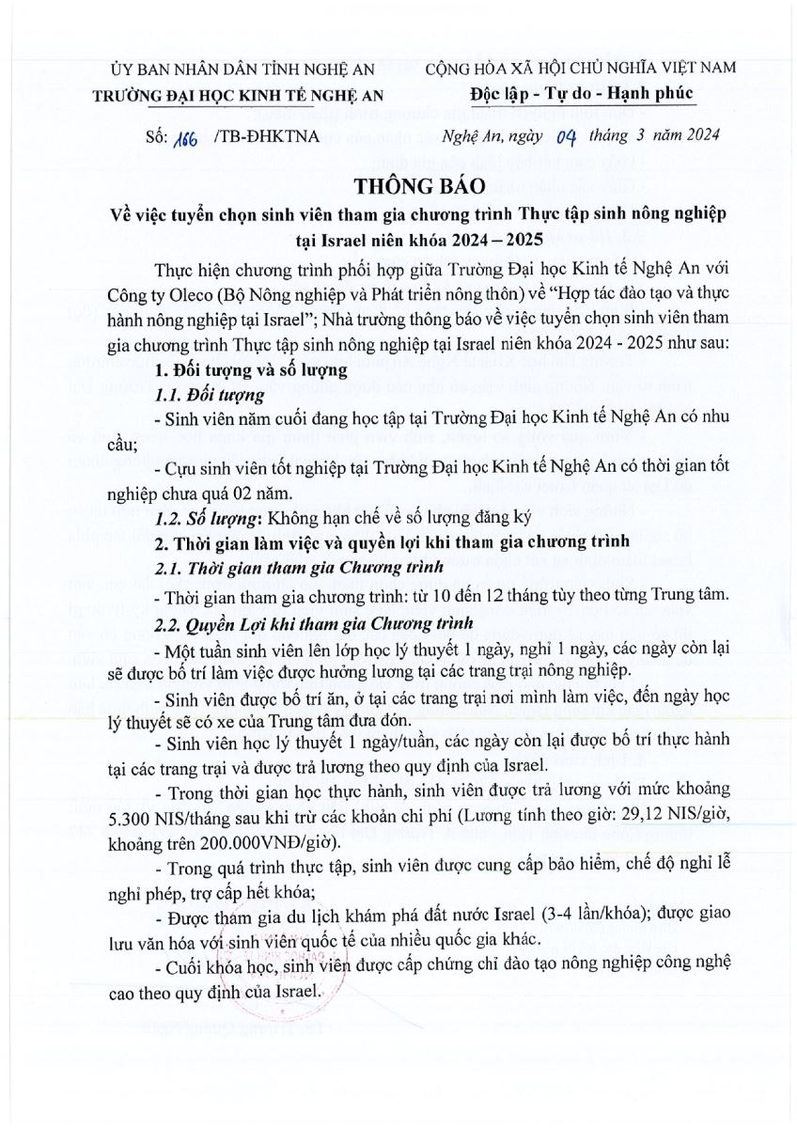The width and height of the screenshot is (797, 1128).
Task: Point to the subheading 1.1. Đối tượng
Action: (202, 393)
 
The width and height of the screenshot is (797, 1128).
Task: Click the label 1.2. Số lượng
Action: (208, 518)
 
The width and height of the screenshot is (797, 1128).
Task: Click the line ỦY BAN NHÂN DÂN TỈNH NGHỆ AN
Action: (242, 70)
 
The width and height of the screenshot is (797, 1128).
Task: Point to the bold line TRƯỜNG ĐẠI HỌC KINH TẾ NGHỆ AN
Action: (242, 95)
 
